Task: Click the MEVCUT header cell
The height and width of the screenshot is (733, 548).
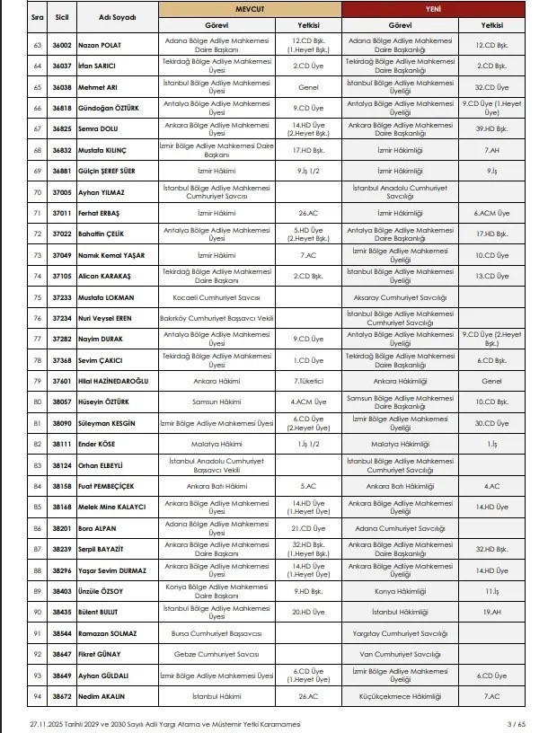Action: pyautogui.click(x=251, y=9)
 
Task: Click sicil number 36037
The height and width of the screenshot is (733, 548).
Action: pyautogui.click(x=62, y=66)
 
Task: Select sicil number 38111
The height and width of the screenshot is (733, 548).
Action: pyautogui.click(x=62, y=443)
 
